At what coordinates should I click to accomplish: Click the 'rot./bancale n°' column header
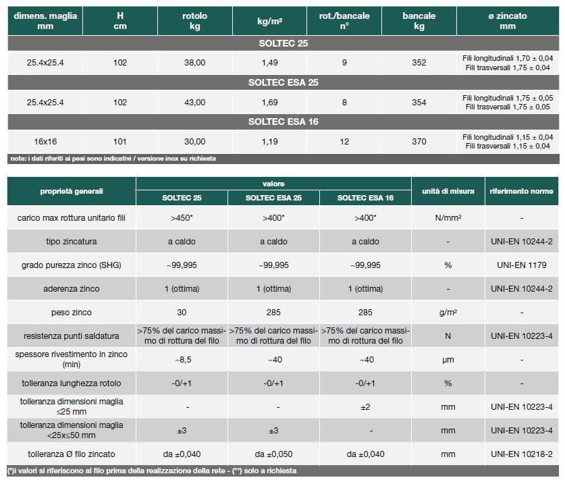tap(344, 21)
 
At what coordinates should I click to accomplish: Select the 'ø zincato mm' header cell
tap(508, 21)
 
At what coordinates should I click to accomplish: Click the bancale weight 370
tap(419, 142)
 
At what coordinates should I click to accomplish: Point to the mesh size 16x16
tap(45, 142)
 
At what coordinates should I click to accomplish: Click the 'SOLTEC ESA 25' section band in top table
tap(283, 82)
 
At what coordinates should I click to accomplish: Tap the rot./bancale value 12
tap(344, 142)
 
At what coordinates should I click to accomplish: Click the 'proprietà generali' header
tap(72, 191)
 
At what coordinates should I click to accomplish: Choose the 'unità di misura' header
tap(448, 191)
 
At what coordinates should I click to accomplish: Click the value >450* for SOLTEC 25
tap(182, 218)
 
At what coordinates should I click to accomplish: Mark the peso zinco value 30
tap(182, 313)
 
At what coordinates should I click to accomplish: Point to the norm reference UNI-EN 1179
tap(522, 265)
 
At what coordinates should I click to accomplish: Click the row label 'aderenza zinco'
tap(72, 289)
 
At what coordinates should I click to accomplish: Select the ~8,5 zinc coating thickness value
tap(182, 360)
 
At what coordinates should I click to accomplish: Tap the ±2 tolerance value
tap(365, 406)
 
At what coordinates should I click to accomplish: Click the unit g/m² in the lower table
tap(448, 313)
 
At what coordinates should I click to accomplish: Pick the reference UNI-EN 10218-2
tap(522, 454)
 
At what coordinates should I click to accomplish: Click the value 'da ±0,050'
tap(274, 454)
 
